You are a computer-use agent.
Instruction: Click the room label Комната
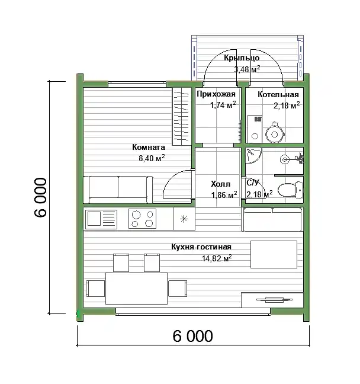click(x=149, y=147)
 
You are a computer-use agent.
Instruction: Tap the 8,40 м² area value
click(x=152, y=158)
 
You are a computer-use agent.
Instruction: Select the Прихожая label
click(x=216, y=94)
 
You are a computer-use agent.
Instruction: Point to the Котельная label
click(x=278, y=95)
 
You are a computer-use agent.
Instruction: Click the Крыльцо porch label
click(x=242, y=58)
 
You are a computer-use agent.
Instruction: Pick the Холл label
click(x=220, y=184)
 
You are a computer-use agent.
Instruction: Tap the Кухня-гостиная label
click(x=201, y=247)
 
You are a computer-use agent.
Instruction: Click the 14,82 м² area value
click(x=217, y=258)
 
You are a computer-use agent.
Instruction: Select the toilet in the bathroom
click(x=291, y=190)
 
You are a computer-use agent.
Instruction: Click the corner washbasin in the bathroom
click(x=252, y=154)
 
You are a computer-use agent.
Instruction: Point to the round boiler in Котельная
click(x=275, y=134)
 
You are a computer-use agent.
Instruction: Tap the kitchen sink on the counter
click(x=101, y=219)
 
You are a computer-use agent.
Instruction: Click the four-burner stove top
click(x=142, y=219)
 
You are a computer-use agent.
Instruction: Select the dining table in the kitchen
click(x=137, y=288)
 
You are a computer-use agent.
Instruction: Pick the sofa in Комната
click(x=118, y=190)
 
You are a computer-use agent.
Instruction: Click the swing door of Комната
click(x=178, y=184)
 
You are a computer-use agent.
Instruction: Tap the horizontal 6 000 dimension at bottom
click(x=193, y=336)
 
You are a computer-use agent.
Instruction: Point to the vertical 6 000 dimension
click(x=40, y=197)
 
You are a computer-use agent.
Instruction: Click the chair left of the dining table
click(x=95, y=289)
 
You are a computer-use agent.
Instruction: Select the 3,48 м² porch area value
click(x=247, y=69)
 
